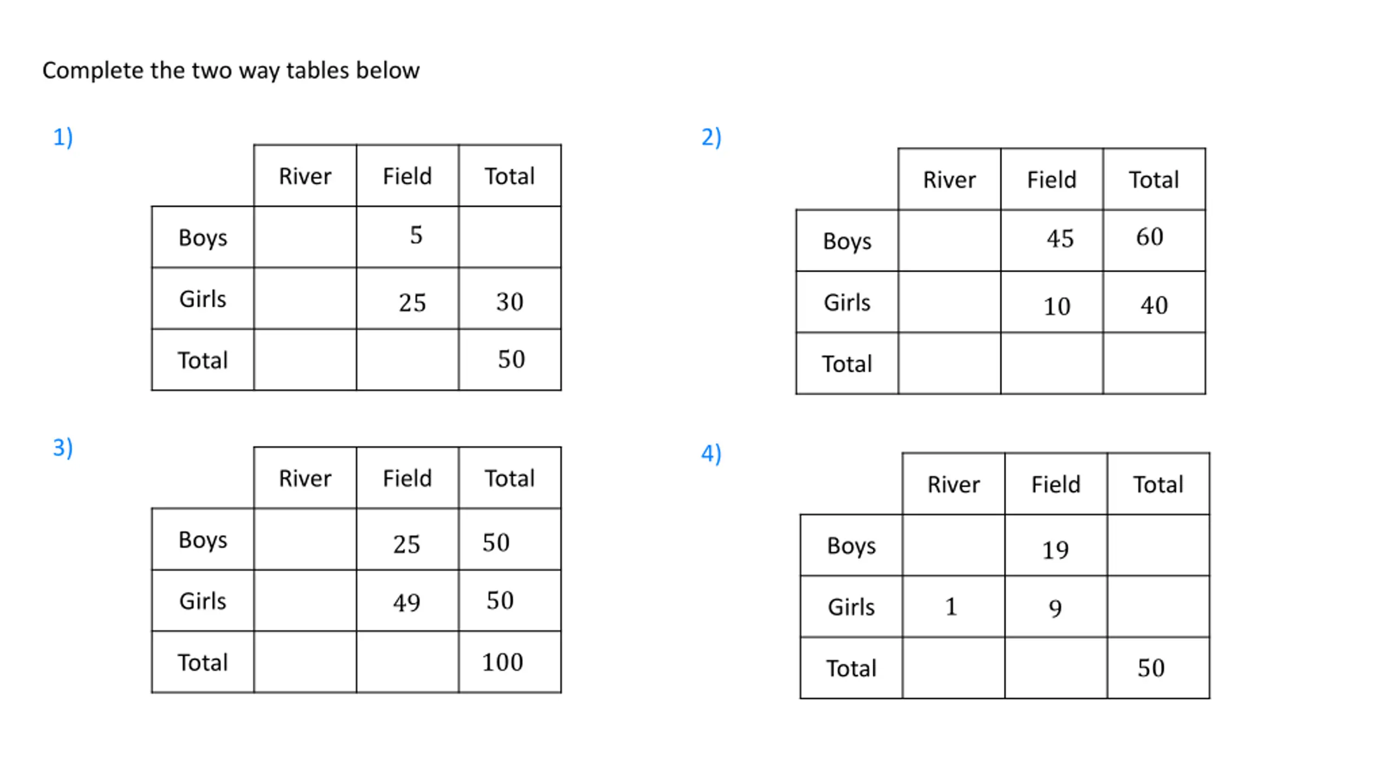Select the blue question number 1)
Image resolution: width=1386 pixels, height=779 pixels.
(x=63, y=137)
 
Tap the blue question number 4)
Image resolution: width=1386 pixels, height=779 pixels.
(x=711, y=454)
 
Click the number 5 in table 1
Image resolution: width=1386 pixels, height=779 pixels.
(x=416, y=235)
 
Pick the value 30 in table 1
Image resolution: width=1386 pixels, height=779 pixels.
(x=510, y=302)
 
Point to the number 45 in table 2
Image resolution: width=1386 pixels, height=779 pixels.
(x=1060, y=239)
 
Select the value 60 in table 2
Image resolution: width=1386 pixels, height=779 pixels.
(x=1149, y=236)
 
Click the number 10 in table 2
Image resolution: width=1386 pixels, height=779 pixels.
(x=1057, y=307)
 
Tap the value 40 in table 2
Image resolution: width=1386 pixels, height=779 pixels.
(x=1154, y=305)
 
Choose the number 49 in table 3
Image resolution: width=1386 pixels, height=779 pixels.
(x=407, y=603)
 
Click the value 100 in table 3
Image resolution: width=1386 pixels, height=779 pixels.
(x=502, y=662)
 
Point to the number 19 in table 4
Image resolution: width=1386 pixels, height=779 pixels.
(x=1056, y=550)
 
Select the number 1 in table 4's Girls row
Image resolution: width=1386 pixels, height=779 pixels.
(x=951, y=606)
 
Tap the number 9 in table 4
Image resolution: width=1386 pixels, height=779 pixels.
(x=1055, y=609)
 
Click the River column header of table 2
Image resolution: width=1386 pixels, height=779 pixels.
(x=950, y=180)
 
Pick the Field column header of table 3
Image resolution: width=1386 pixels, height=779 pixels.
(x=407, y=478)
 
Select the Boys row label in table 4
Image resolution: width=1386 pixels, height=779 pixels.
(x=852, y=546)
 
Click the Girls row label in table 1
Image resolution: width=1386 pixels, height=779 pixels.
(x=203, y=299)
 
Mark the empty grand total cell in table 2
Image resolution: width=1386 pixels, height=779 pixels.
(x=1154, y=364)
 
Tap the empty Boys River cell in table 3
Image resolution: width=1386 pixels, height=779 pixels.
(x=305, y=539)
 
